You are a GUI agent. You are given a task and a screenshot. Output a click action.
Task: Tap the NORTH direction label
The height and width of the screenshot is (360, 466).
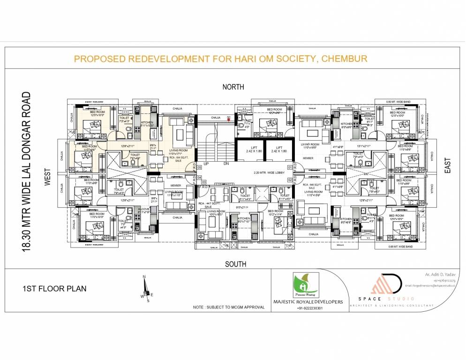(233, 87)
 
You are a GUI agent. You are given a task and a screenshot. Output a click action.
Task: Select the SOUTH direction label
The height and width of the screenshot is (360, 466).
(235, 264)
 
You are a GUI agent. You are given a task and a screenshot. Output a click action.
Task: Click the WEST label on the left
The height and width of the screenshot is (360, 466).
(47, 178)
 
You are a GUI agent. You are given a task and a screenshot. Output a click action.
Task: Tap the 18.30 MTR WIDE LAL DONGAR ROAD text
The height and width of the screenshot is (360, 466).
(27, 172)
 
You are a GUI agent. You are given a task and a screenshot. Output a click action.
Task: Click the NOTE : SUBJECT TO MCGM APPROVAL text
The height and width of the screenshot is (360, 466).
(228, 307)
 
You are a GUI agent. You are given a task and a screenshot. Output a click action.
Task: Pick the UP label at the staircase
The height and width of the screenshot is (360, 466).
(206, 164)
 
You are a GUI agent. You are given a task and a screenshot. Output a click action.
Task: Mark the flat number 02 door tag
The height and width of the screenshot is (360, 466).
(290, 180)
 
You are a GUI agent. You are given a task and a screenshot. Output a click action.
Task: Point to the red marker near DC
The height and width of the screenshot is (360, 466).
(228, 120)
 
